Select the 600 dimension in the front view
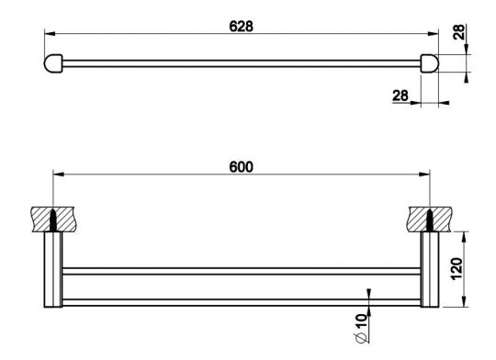(x=242, y=166)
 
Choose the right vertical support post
(x=430, y=271)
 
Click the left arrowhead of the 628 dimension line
(x=50, y=33)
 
